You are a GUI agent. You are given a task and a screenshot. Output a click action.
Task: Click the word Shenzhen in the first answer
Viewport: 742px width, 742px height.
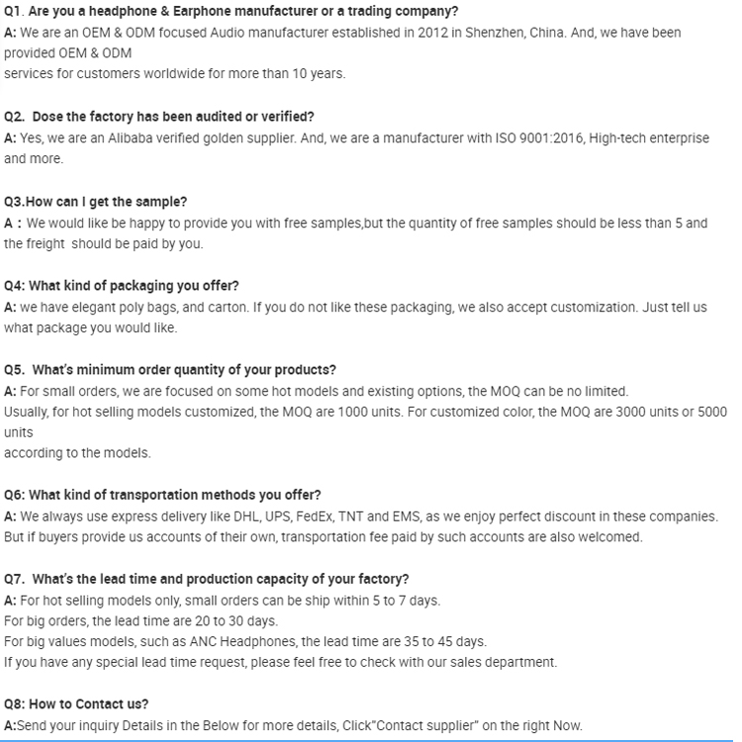(506, 33)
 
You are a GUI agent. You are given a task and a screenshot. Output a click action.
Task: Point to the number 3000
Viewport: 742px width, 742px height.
(608, 412)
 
